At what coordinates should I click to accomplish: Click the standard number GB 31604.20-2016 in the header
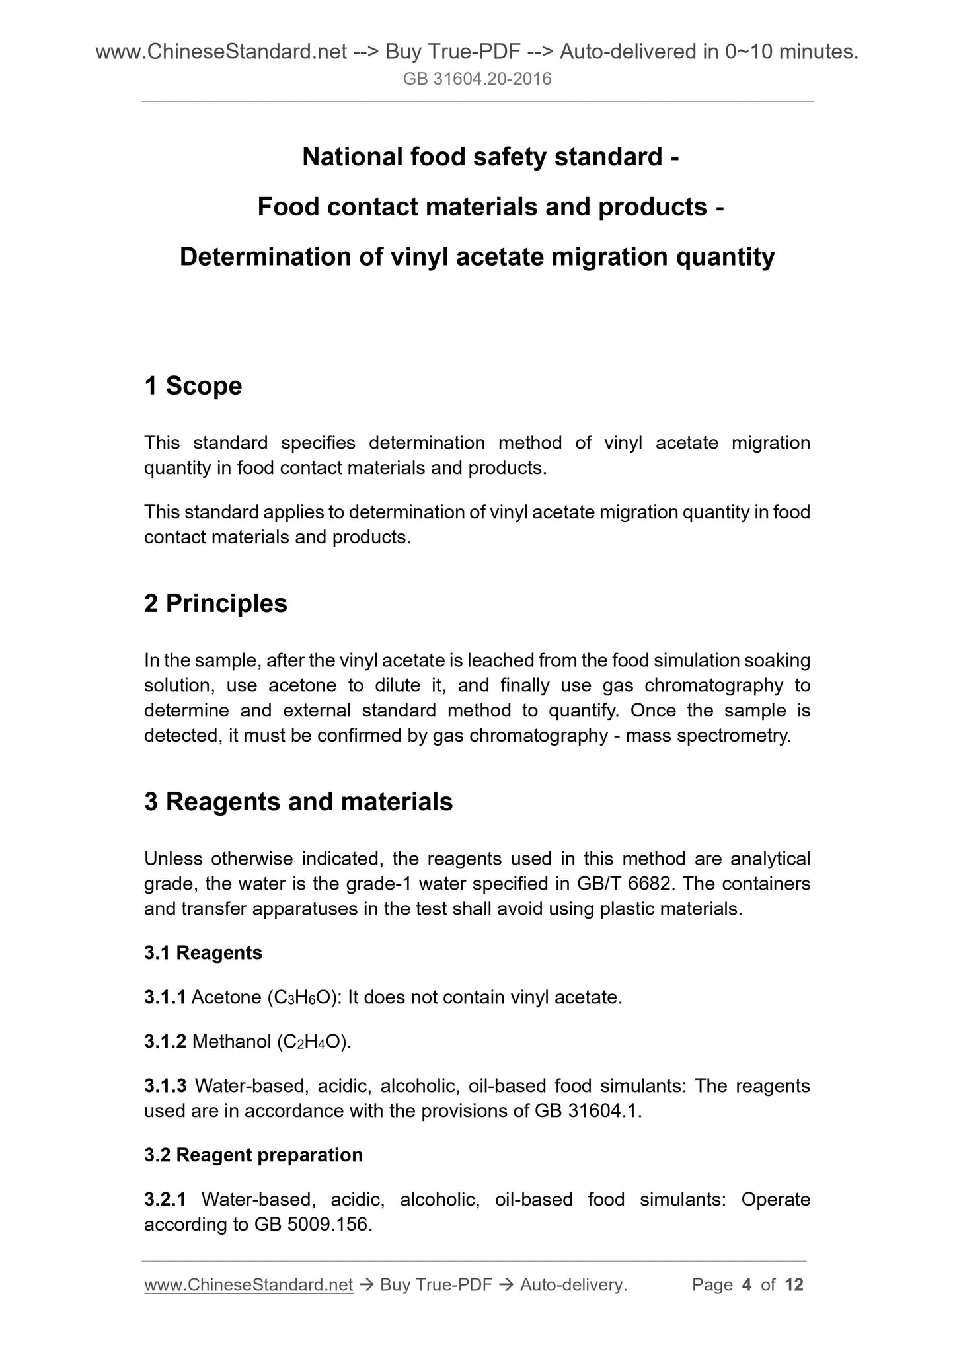click(477, 80)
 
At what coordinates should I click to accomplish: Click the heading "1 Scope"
click(193, 386)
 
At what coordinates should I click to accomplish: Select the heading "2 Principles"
click(215, 603)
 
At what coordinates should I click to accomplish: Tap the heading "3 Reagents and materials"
click(298, 802)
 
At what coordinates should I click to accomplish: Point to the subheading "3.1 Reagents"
click(203, 952)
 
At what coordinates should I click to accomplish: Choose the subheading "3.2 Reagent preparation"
click(253, 1155)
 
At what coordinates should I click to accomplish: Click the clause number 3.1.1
click(165, 997)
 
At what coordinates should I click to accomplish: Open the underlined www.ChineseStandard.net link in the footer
click(248, 1284)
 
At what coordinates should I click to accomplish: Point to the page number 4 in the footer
click(747, 1284)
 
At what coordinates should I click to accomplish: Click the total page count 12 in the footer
click(794, 1284)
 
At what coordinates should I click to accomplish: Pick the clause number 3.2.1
click(165, 1200)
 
